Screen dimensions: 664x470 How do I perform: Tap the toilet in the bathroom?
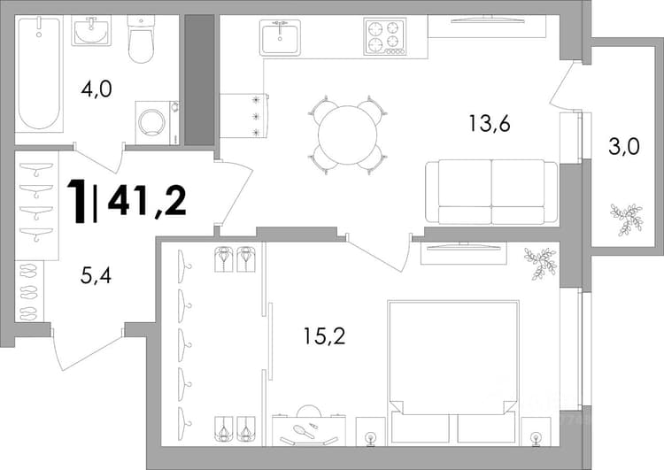(141, 39)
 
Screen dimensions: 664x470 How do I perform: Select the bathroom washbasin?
(91, 30)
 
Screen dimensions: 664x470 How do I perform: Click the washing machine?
(157, 123)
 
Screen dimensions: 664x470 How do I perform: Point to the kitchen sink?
(280, 37)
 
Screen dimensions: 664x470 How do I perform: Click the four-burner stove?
(385, 37)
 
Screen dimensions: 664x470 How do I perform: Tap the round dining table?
(347, 135)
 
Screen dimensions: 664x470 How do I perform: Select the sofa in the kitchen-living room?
(491, 192)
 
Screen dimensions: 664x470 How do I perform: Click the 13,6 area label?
(489, 124)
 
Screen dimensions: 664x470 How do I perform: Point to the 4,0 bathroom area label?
(97, 89)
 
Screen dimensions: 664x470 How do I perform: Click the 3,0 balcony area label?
(623, 147)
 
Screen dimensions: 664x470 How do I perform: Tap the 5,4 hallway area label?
(96, 275)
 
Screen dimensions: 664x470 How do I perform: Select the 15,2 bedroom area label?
(324, 336)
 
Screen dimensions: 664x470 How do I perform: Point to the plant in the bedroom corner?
(540, 264)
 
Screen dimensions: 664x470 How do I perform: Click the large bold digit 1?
(78, 200)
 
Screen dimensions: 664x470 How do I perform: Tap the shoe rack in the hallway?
(29, 290)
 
